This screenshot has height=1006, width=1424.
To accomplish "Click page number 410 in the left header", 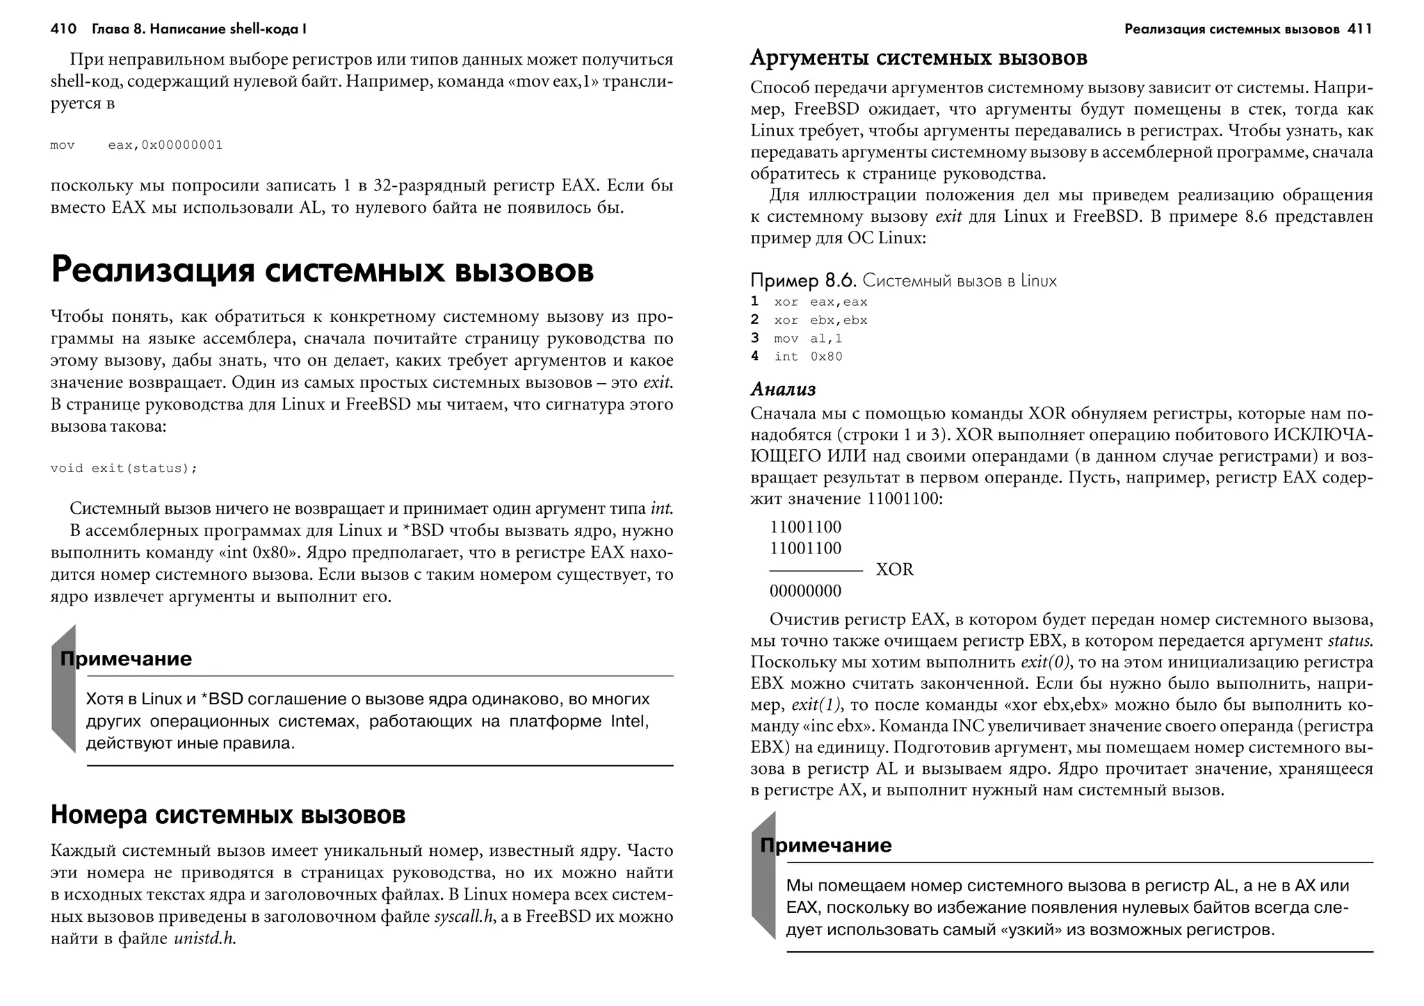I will point(63,29).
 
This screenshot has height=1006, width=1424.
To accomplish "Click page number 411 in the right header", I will point(1359,29).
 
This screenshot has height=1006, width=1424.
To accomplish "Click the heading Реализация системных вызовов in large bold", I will point(322,270).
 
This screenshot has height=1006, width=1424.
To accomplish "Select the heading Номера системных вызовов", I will point(228,815).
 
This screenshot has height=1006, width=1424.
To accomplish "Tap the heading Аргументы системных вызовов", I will point(919,57).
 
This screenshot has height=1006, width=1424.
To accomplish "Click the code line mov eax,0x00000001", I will point(136,145).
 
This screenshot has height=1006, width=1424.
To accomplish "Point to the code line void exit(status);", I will point(124,468).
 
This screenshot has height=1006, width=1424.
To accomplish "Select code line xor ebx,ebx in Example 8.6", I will point(820,321).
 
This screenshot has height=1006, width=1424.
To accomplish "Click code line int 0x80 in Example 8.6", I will point(808,357).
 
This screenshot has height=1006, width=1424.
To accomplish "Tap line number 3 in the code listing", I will point(754,339).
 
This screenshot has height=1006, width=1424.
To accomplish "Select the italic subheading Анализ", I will point(783,389).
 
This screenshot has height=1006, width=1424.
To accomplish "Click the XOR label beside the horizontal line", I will point(894,570).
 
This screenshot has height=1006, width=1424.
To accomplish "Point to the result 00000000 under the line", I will point(805,592).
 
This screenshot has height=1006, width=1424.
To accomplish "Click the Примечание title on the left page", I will point(126,659).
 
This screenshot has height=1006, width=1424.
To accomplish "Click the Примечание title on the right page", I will point(825,845).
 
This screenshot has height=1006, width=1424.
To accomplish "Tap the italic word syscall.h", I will point(463,916).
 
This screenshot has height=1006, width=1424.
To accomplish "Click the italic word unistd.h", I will point(205,939).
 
